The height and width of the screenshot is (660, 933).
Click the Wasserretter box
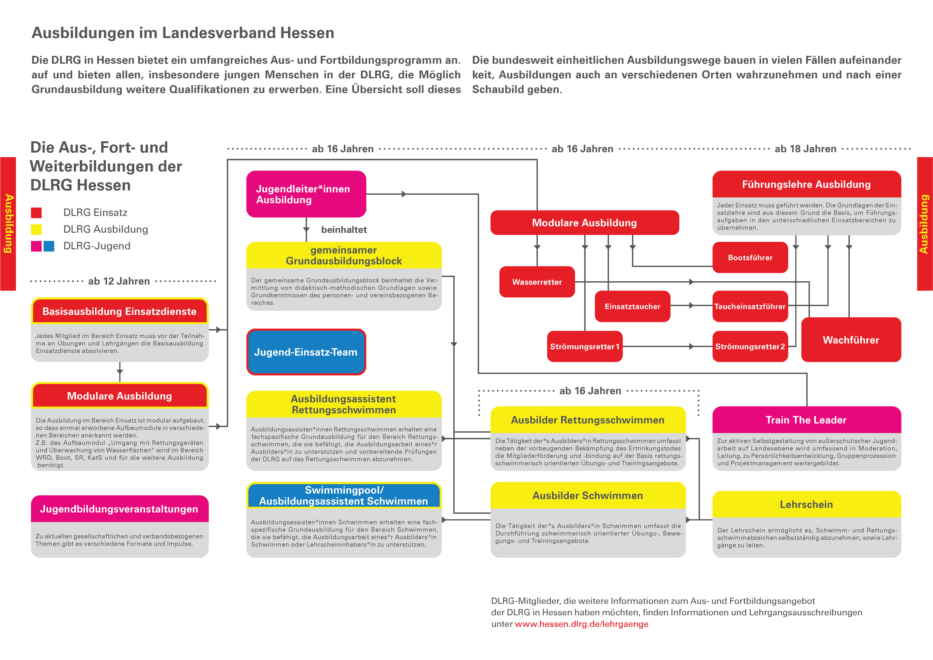(537, 282)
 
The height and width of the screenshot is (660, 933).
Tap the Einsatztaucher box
(632, 306)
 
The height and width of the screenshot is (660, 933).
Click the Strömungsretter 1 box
(584, 346)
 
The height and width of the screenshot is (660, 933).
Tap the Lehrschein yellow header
(806, 505)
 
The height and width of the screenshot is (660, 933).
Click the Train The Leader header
(806, 420)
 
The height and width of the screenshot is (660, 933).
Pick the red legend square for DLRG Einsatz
(36, 213)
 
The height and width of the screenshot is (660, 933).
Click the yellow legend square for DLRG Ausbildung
(36, 229)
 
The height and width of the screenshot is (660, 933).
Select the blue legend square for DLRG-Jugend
(49, 246)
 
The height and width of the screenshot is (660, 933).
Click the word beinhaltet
(344, 230)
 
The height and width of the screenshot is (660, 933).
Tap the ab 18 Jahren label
(805, 149)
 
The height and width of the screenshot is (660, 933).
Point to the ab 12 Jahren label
(119, 281)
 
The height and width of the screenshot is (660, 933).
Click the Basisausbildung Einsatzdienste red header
(120, 311)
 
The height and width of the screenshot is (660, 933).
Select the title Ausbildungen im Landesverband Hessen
(183, 33)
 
